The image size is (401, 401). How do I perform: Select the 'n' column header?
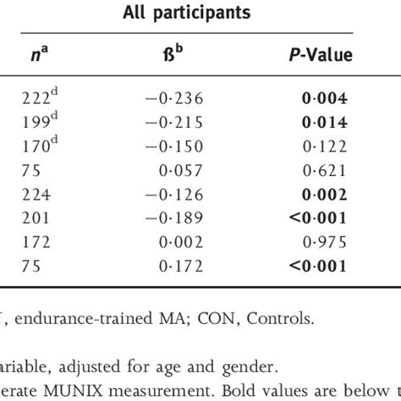(x=35, y=56)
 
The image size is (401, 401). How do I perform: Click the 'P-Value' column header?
(x=318, y=56)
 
